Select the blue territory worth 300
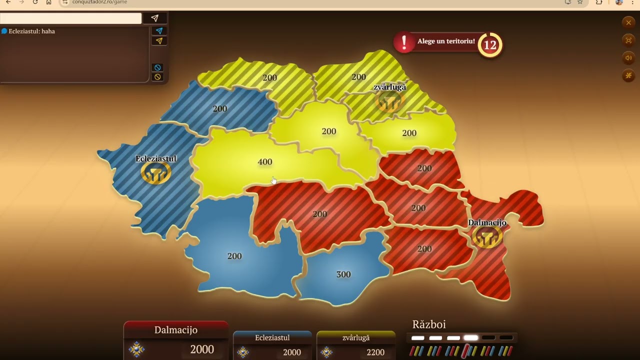point(343,274)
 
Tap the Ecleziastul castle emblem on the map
point(156,173)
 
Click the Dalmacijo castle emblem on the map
point(487,237)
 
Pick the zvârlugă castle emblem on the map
point(390,102)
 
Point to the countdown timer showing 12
point(490,45)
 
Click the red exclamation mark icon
point(404,42)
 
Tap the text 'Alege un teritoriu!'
point(446,41)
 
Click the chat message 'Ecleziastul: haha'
point(31,31)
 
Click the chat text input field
point(70,18)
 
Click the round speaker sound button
point(628,58)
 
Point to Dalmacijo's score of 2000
point(202,349)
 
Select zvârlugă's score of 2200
point(375,352)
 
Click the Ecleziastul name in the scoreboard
point(272,338)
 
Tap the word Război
point(429,324)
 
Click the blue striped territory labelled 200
point(220,108)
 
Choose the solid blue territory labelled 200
point(234,256)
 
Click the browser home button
point(48,2)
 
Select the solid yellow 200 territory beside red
point(409,133)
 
